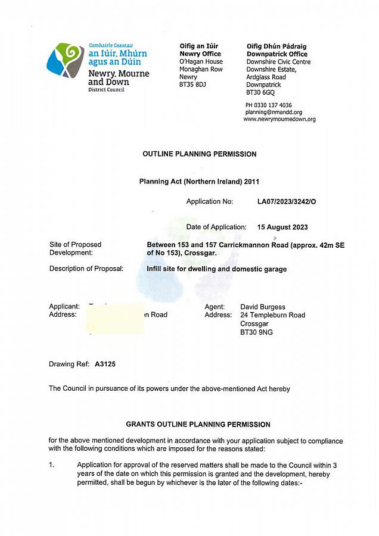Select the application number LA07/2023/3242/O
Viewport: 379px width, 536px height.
pyautogui.click(x=287, y=202)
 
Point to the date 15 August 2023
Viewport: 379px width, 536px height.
pyautogui.click(x=282, y=228)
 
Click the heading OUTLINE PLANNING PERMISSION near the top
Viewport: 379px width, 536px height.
pyautogui.click(x=200, y=154)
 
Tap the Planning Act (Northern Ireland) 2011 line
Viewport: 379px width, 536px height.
pyautogui.click(x=199, y=182)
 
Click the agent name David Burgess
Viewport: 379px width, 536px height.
pyautogui.click(x=263, y=307)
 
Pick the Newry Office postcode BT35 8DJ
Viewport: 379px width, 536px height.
pyautogui.click(x=192, y=85)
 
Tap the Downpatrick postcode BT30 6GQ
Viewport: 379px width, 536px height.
pyautogui.click(x=260, y=93)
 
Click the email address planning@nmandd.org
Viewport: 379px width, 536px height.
pyautogui.click(x=274, y=112)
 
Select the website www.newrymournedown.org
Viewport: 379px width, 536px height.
pyautogui.click(x=279, y=119)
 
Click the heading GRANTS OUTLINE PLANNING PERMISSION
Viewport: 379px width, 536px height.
pyautogui.click(x=198, y=425)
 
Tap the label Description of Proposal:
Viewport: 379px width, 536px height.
pyautogui.click(x=86, y=269)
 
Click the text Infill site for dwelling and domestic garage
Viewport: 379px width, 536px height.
pyautogui.click(x=216, y=269)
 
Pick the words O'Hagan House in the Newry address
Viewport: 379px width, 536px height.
pyautogui.click(x=201, y=62)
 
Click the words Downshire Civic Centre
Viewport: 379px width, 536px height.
pyautogui.click(x=278, y=62)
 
